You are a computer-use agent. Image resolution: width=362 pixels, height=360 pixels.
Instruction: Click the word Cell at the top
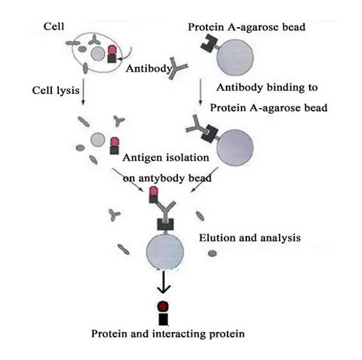point(54,26)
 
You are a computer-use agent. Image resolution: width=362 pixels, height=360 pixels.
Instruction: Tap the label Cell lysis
point(56,91)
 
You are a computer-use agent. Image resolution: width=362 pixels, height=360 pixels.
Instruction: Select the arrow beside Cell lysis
point(83,92)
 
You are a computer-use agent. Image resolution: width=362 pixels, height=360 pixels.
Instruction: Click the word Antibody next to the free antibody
point(149,68)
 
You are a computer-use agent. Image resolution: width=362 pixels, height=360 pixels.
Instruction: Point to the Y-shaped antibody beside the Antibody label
point(177,68)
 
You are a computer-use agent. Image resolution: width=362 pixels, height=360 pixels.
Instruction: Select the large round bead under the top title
point(235,58)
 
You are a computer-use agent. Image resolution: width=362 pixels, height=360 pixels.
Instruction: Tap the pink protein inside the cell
point(112,50)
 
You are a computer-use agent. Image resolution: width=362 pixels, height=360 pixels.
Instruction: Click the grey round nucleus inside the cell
point(98,54)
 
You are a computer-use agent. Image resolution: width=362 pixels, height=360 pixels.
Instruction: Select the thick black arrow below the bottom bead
point(164,282)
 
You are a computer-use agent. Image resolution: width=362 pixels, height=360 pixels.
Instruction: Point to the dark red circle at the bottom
point(163,306)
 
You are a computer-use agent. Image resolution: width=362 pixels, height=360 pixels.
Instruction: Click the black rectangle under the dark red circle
point(163,319)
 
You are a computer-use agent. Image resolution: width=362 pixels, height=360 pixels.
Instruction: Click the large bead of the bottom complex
point(165,251)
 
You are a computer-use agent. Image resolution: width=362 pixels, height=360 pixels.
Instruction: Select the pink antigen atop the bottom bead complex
point(154,191)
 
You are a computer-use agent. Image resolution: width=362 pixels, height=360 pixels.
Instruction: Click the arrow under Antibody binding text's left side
point(200,92)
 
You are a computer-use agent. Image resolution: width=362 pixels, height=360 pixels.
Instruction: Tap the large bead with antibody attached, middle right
point(235,147)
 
